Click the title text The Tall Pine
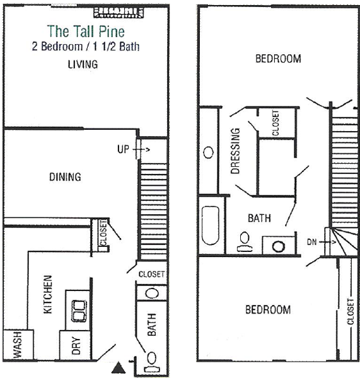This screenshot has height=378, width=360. pyautogui.click(x=86, y=31)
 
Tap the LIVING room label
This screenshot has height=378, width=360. pyautogui.click(x=83, y=64)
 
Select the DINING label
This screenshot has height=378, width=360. pyautogui.click(x=65, y=177)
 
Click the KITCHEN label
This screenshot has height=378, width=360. pyautogui.click(x=48, y=294)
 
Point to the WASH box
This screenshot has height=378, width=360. pyautogui.click(x=18, y=345)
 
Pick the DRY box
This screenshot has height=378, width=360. pyautogui.click(x=75, y=345)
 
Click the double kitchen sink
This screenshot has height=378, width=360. pyautogui.click(x=79, y=311)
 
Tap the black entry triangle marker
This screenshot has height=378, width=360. pyautogui.click(x=119, y=367)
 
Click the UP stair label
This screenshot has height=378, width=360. pyautogui.click(x=123, y=149)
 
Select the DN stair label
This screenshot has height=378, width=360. pyautogui.click(x=311, y=242)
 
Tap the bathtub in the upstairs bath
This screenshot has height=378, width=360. pyautogui.click(x=211, y=226)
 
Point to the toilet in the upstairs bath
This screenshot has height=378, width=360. pyautogui.click(x=245, y=242)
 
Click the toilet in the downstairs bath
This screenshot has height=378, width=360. pyautogui.click(x=152, y=363)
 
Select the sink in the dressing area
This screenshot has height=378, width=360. pyautogui.click(x=209, y=152)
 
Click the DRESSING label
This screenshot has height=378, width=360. pyautogui.click(x=235, y=151)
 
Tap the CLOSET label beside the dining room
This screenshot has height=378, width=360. pyautogui.click(x=103, y=232)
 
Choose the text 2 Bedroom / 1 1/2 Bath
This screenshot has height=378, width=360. pyautogui.click(x=86, y=46)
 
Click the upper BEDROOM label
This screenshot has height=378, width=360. pyautogui.click(x=278, y=59)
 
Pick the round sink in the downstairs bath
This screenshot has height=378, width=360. pyautogui.click(x=152, y=294)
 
